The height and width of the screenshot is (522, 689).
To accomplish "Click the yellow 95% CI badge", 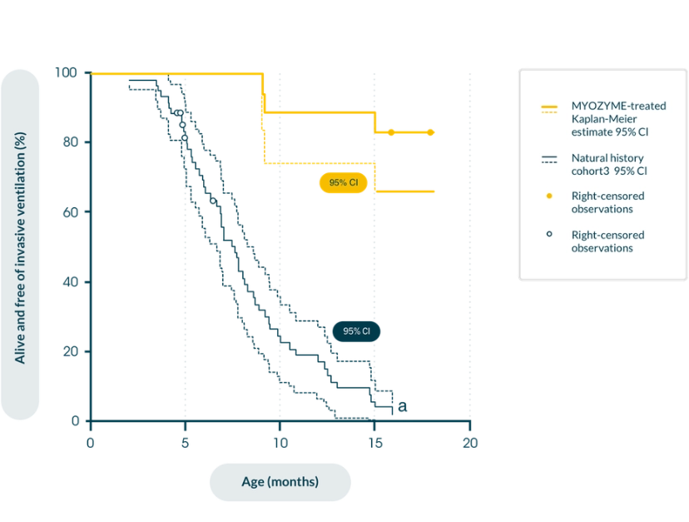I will pyautogui.click(x=343, y=182).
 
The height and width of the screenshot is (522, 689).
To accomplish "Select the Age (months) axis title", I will pyautogui.click(x=280, y=481).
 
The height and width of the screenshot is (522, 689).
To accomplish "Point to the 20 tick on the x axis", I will pyautogui.click(x=470, y=443).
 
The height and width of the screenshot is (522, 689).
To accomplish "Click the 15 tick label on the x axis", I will pyautogui.click(x=374, y=443).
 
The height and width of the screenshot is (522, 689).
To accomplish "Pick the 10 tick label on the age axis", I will pyautogui.click(x=280, y=443).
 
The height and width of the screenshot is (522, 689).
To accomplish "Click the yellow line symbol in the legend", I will pyautogui.click(x=548, y=108).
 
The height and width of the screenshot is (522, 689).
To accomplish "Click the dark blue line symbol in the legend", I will pyautogui.click(x=548, y=159).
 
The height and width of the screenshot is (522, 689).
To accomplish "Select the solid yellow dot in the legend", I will pyautogui.click(x=548, y=196).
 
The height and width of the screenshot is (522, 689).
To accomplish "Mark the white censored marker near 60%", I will pyautogui.click(x=213, y=201).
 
